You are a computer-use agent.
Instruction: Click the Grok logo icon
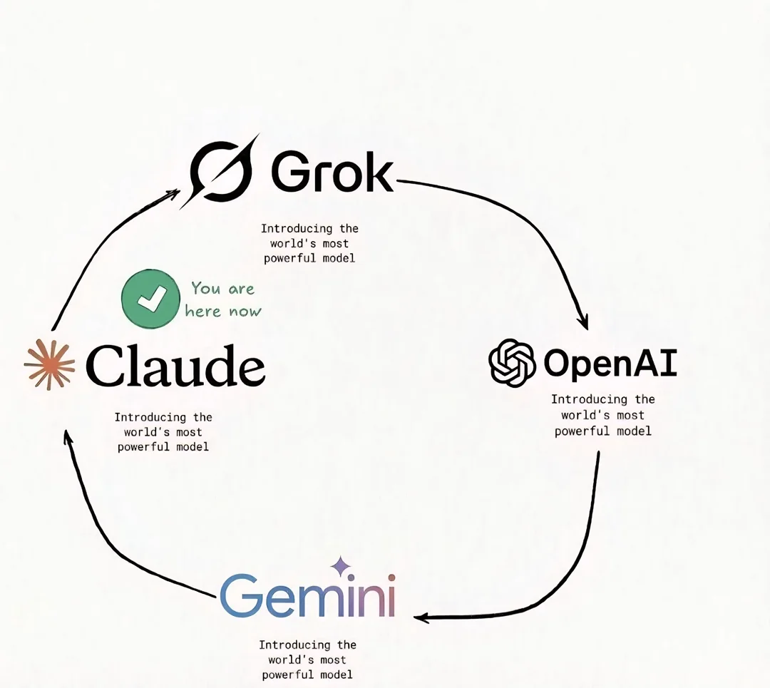coord(222,171)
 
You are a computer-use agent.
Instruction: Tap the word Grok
coord(332,172)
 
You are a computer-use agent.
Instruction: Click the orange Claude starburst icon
coord(50,365)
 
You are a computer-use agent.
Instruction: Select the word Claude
coord(176,365)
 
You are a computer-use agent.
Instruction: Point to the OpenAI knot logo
coord(512,362)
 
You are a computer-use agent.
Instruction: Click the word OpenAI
coord(610,364)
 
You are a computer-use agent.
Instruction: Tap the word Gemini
coord(308,595)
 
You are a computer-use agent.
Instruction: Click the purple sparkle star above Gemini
coord(341,566)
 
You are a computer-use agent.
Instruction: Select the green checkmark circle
coord(150,299)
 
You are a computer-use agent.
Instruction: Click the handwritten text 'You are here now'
coord(223,299)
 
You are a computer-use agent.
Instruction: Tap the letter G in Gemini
coord(240,595)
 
